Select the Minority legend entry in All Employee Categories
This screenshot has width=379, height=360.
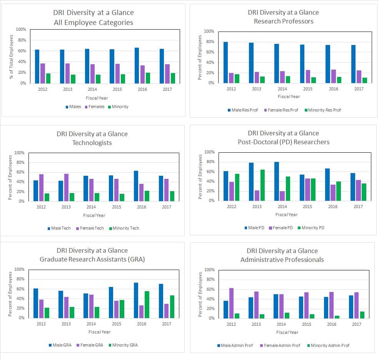(x=119, y=107)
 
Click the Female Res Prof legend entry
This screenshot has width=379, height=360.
(x=283, y=110)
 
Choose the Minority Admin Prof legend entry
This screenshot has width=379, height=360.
(x=328, y=345)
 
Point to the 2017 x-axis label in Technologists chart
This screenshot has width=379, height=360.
(x=167, y=207)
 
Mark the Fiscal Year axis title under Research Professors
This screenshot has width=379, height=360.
(x=289, y=97)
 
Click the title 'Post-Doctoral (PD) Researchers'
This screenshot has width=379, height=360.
(x=284, y=142)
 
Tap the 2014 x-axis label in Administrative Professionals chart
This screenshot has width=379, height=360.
(x=282, y=324)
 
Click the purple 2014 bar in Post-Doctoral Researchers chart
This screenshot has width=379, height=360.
(x=282, y=196)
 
